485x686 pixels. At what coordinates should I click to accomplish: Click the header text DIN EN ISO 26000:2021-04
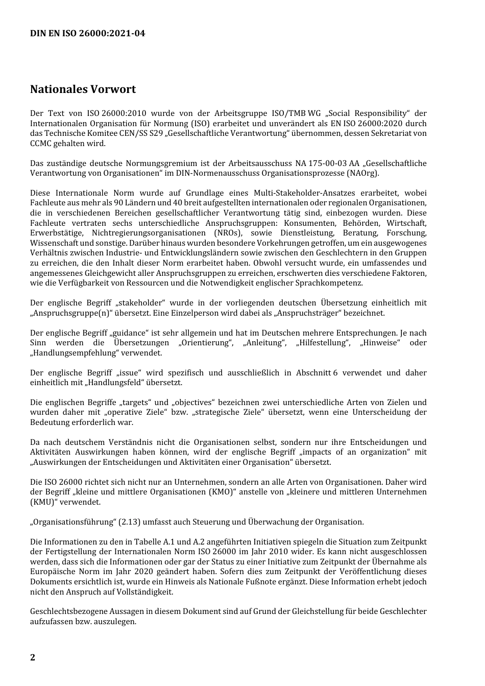[87, 34]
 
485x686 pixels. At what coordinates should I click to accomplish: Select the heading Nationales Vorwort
[83, 89]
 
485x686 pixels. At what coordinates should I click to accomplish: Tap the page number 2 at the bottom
[33, 657]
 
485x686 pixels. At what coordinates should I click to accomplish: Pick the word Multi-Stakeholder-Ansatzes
[303, 193]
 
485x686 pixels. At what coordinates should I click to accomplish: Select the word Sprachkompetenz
[333, 283]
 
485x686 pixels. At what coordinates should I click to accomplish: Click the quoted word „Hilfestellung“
[323, 343]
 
